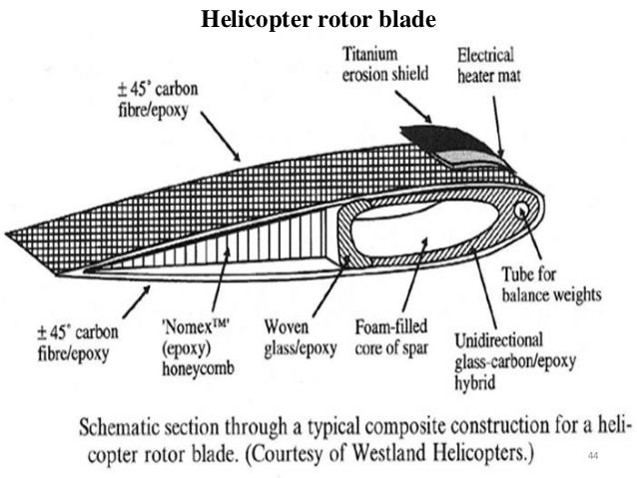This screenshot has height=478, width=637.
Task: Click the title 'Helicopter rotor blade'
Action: pyautogui.click(x=319, y=18)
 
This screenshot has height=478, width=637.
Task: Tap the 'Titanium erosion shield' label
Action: pyautogui.click(x=385, y=61)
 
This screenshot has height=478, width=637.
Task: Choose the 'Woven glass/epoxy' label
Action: pyautogui.click(x=297, y=335)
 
